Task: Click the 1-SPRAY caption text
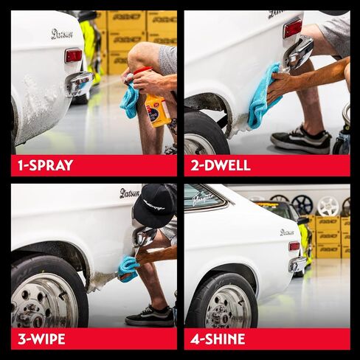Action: (x=46, y=165)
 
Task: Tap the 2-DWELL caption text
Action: (x=221, y=165)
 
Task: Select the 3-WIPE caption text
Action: (x=41, y=339)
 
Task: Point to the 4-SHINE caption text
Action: (x=218, y=339)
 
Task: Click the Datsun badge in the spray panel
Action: (x=62, y=34)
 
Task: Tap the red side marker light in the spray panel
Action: (x=73, y=55)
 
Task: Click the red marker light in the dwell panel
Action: (x=291, y=28)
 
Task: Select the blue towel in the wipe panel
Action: (x=128, y=266)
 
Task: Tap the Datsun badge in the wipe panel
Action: (x=129, y=193)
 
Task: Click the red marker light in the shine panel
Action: (x=294, y=246)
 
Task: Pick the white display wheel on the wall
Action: (x=328, y=206)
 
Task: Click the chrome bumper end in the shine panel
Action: (x=298, y=264)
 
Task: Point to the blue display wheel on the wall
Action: (x=302, y=204)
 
